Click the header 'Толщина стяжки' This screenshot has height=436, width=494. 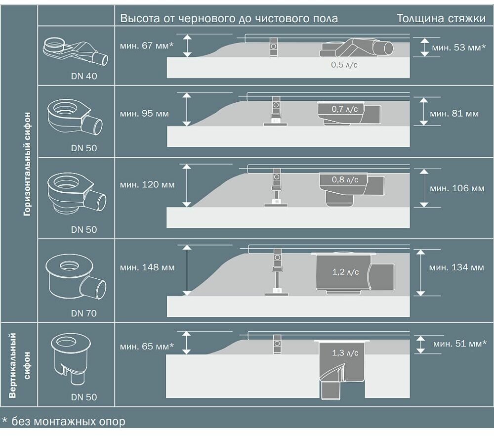(441, 18)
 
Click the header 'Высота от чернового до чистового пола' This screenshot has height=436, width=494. (229, 19)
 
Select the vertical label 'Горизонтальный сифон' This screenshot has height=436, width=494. (27, 164)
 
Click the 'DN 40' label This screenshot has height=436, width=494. (84, 76)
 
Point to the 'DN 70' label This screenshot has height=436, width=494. (84, 313)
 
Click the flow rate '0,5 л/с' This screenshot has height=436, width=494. (344, 65)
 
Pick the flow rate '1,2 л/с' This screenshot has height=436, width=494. (346, 272)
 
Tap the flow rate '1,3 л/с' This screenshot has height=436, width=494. (345, 353)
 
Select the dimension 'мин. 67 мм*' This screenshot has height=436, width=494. (147, 45)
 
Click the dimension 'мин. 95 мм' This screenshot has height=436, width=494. (144, 114)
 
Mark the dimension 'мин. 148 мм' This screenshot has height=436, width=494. (147, 267)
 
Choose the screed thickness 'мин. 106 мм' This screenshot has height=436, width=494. (457, 188)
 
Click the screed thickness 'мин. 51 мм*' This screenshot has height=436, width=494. (459, 344)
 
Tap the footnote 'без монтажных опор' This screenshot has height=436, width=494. (68, 421)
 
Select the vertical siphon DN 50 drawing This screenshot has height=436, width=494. (71, 358)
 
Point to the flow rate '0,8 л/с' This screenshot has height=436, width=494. (345, 180)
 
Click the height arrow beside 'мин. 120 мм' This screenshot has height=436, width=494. (187, 185)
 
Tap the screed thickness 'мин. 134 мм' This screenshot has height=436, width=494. (456, 267)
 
